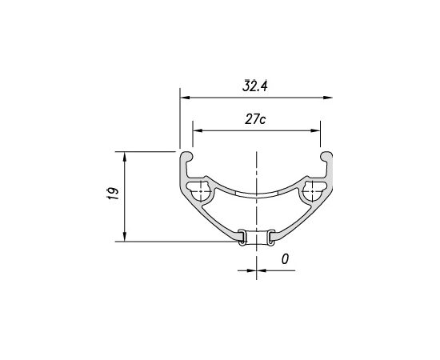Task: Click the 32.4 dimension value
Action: (254, 86)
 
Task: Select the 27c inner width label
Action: (255, 119)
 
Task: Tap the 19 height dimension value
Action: (113, 193)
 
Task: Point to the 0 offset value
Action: (285, 259)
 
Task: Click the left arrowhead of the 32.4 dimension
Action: (186, 98)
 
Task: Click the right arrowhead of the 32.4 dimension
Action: (327, 98)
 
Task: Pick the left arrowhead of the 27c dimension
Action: (198, 130)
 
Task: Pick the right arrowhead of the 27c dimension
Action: (315, 130)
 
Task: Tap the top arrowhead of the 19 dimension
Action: (125, 157)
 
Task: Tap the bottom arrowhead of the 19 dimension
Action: (125, 236)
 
